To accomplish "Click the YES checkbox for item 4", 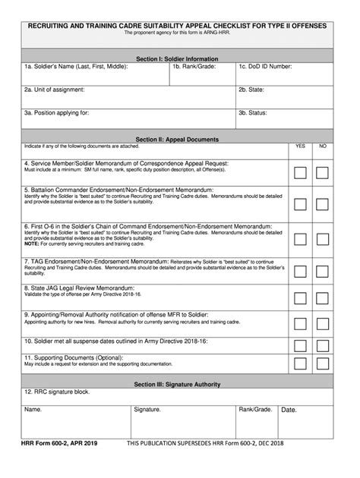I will [300, 172].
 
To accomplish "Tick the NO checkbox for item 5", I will [323, 203].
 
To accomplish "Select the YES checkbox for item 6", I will [300, 239].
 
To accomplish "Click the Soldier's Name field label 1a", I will [75, 67].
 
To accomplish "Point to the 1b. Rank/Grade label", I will [195, 67].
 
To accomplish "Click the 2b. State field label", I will [252, 89].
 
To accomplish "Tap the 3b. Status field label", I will [253, 112].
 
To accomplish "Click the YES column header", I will [300, 146].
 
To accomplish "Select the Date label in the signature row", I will [289, 410].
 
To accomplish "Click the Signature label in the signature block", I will [147, 410].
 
